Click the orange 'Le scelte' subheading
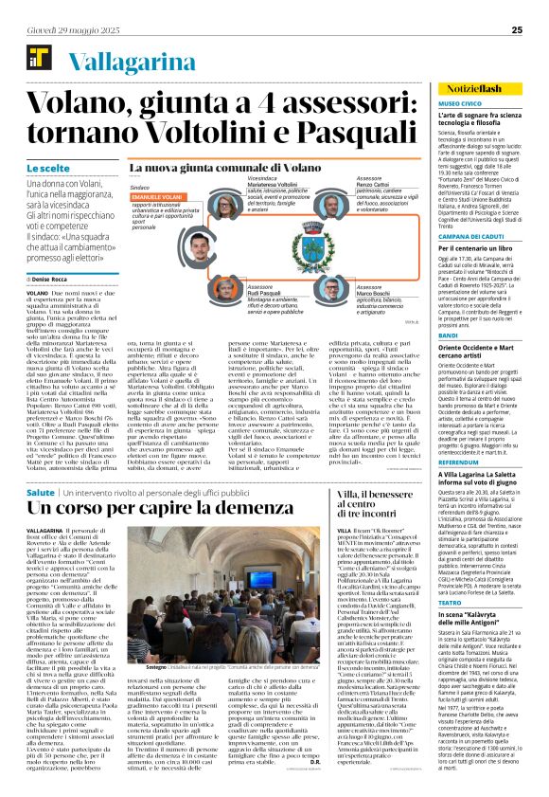(38, 168)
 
